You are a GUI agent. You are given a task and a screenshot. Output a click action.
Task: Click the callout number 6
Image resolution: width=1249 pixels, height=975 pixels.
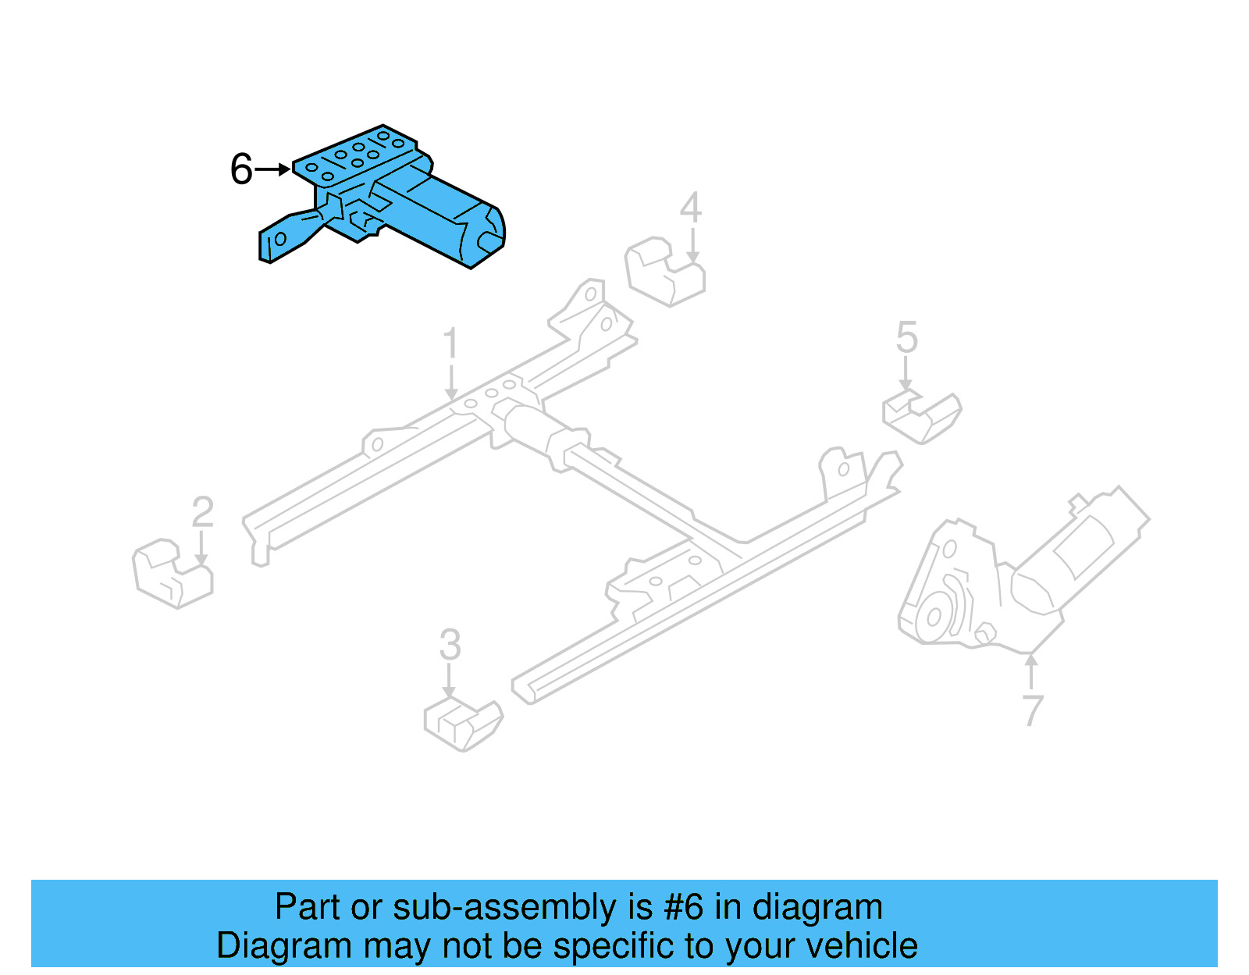tap(241, 169)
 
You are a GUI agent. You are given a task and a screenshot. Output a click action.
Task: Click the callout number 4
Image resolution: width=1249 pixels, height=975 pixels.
tap(691, 208)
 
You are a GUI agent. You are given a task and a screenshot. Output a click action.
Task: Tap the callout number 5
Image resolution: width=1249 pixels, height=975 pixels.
tap(906, 337)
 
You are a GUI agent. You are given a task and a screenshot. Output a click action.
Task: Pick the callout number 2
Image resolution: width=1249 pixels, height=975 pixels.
tap(202, 512)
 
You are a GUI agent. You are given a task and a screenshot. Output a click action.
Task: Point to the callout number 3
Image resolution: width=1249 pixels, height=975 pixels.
tap(450, 645)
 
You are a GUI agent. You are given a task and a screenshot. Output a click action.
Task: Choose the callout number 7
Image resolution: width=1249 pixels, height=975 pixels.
tap(1032, 710)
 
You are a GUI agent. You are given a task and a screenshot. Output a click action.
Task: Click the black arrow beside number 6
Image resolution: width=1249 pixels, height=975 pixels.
tap(273, 169)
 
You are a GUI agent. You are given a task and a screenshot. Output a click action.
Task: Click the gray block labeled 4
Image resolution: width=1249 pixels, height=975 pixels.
tap(664, 272)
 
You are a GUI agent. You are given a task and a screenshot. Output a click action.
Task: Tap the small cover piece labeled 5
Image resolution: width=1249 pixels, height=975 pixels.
tap(921, 418)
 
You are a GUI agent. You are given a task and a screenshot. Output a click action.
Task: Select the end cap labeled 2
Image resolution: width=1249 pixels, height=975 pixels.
tap(173, 575)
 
